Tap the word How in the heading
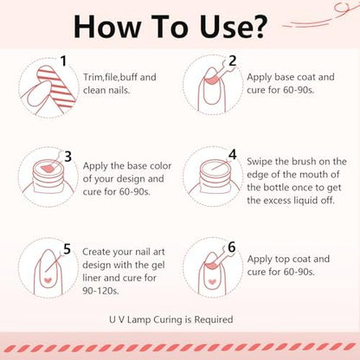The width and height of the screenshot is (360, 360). (x=106, y=26)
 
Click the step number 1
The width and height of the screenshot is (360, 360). (x=63, y=61)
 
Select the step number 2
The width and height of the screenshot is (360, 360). (x=232, y=61)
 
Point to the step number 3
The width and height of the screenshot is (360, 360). (x=67, y=157)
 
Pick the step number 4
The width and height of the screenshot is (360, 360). (x=233, y=155)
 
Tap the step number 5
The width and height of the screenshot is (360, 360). (x=67, y=249)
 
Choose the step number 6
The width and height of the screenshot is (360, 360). (x=232, y=247)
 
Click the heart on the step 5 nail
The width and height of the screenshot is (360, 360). (x=48, y=280)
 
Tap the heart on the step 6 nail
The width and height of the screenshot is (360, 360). (x=212, y=281)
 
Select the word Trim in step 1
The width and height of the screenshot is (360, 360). (x=93, y=77)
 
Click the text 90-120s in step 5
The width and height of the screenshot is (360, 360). (x=100, y=291)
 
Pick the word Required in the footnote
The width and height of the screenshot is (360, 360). (x=214, y=320)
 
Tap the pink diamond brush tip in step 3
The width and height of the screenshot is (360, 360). (x=48, y=168)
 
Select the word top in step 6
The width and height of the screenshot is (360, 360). (x=280, y=260)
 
